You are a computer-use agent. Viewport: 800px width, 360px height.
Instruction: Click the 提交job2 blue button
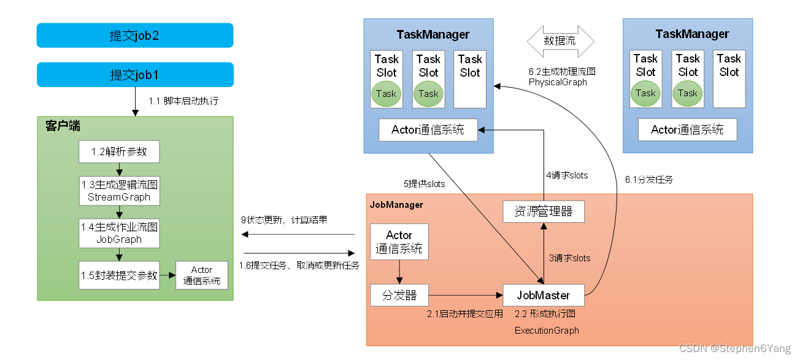pyautogui.click(x=135, y=36)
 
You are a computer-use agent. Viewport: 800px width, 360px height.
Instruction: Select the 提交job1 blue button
pyautogui.click(x=135, y=75)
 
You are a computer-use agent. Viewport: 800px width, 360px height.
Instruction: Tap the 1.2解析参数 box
pyautogui.click(x=119, y=151)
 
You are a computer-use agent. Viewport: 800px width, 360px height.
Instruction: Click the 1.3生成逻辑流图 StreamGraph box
pyautogui.click(x=119, y=191)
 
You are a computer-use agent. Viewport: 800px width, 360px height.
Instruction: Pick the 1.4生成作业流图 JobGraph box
pyautogui.click(x=119, y=233)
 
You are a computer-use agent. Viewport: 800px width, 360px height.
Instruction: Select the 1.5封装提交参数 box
pyautogui.click(x=119, y=275)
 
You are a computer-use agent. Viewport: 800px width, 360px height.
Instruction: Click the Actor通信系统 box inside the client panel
pyautogui.click(x=201, y=275)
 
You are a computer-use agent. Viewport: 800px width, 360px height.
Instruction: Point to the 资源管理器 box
pyautogui.click(x=543, y=212)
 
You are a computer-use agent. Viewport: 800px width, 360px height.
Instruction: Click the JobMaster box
pyautogui.click(x=543, y=295)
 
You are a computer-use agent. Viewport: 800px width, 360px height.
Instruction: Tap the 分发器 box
pyautogui.click(x=399, y=295)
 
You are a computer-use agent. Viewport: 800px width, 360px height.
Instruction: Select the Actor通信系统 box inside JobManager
pyautogui.click(x=399, y=242)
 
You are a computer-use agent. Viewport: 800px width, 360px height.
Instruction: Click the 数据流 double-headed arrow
pyautogui.click(x=561, y=42)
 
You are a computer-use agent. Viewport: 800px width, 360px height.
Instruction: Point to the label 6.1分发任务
pyautogui.click(x=648, y=180)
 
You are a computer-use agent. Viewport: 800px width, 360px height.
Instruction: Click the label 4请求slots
pyautogui.click(x=567, y=175)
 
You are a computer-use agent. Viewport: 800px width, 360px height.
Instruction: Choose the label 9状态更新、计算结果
pyautogui.click(x=285, y=220)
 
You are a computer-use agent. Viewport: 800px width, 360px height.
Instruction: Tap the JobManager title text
pyautogui.click(x=396, y=205)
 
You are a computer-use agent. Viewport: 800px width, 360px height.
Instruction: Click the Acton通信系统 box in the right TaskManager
pyautogui.click(x=687, y=130)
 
